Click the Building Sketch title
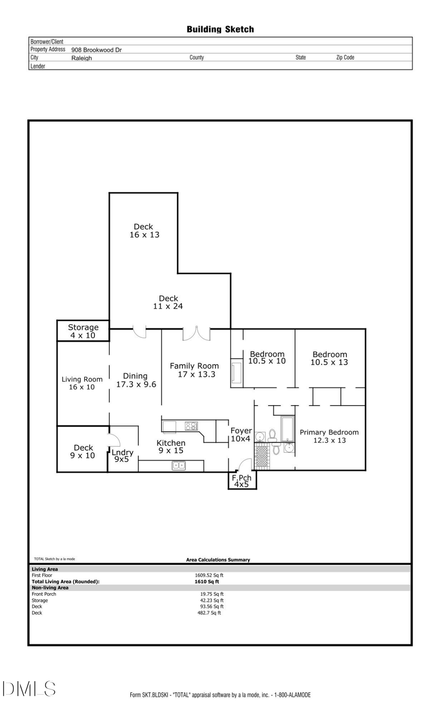(220, 29)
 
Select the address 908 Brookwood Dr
(96, 50)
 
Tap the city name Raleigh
(81, 58)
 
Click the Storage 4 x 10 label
(83, 332)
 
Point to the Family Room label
(195, 370)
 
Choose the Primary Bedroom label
(329, 436)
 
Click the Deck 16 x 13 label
(144, 231)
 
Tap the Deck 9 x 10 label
(83, 451)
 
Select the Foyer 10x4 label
(241, 435)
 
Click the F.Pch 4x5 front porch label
(241, 481)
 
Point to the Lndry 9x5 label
(122, 456)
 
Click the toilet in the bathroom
(273, 435)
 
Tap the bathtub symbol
(288, 428)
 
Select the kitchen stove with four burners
(191, 426)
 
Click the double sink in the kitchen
(179, 465)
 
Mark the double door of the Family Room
(196, 333)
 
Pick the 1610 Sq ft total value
(207, 581)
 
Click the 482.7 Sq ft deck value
(209, 613)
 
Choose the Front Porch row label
(44, 594)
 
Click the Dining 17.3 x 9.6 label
(136, 380)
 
